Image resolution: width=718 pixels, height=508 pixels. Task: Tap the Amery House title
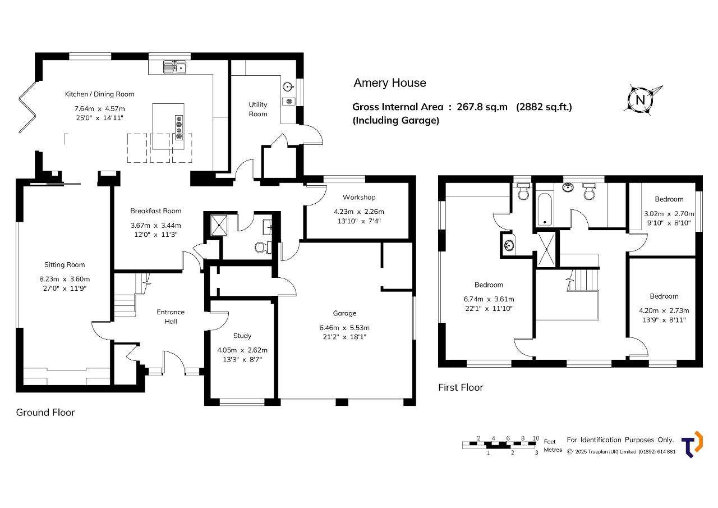[x=390, y=83]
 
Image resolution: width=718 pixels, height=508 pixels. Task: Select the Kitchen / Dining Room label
[x=99, y=94]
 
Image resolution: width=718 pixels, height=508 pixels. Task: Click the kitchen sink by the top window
[x=174, y=67]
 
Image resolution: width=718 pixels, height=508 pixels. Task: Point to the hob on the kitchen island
[x=179, y=127]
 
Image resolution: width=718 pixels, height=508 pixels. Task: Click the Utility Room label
[x=258, y=109]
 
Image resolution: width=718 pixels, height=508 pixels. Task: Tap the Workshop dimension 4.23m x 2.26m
[x=359, y=212]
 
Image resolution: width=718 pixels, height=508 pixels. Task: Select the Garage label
[x=344, y=313]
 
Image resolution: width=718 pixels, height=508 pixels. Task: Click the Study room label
[x=242, y=336]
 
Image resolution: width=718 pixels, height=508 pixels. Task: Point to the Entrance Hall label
[x=171, y=317]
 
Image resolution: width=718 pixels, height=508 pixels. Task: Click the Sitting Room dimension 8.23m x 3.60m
[x=65, y=279]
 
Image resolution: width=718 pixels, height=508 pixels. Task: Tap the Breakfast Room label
[x=156, y=210]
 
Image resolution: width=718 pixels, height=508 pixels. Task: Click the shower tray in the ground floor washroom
[x=219, y=226]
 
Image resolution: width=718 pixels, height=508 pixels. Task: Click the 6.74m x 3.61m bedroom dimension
[x=489, y=299]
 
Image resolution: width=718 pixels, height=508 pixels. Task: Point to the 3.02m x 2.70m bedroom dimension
[x=669, y=214]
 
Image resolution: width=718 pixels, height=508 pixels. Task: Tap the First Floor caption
[x=461, y=387]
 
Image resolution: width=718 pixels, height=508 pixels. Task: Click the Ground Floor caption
[x=45, y=413]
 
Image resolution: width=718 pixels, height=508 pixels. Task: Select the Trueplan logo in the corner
[x=692, y=444]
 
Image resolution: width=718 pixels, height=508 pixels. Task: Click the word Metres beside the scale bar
[x=553, y=450]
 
